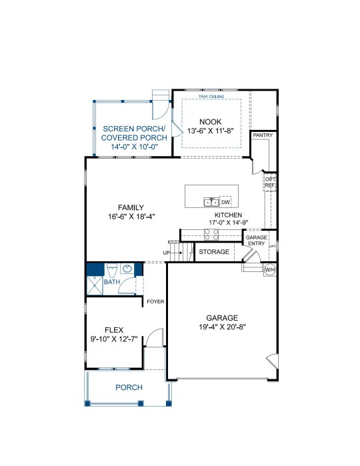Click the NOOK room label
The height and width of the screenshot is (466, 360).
click(211, 122)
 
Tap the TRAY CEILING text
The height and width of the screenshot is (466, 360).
click(211, 97)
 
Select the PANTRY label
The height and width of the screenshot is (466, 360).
click(263, 135)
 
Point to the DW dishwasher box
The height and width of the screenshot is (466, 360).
click(225, 202)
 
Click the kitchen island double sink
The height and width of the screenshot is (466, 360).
click(211, 202)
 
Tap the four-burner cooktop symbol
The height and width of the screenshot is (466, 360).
click(211, 235)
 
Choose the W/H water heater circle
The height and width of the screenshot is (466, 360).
click(270, 270)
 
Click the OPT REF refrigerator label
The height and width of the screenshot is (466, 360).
click(270, 182)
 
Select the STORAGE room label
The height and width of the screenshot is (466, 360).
click(214, 252)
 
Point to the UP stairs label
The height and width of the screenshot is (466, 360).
click(167, 253)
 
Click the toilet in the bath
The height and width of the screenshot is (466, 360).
click(112, 270)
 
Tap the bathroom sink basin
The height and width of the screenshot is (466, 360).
click(127, 269)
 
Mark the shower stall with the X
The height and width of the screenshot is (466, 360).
click(95, 285)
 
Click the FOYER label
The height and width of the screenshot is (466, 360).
click(155, 301)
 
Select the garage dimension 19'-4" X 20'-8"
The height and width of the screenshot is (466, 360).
click(222, 327)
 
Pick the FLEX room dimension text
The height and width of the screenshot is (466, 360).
click(114, 339)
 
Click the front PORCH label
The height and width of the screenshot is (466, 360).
click(129, 387)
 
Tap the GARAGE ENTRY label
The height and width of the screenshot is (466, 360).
click(256, 241)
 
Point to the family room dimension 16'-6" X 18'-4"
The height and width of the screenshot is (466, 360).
click(131, 217)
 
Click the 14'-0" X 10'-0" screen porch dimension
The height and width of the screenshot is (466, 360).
click(134, 147)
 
